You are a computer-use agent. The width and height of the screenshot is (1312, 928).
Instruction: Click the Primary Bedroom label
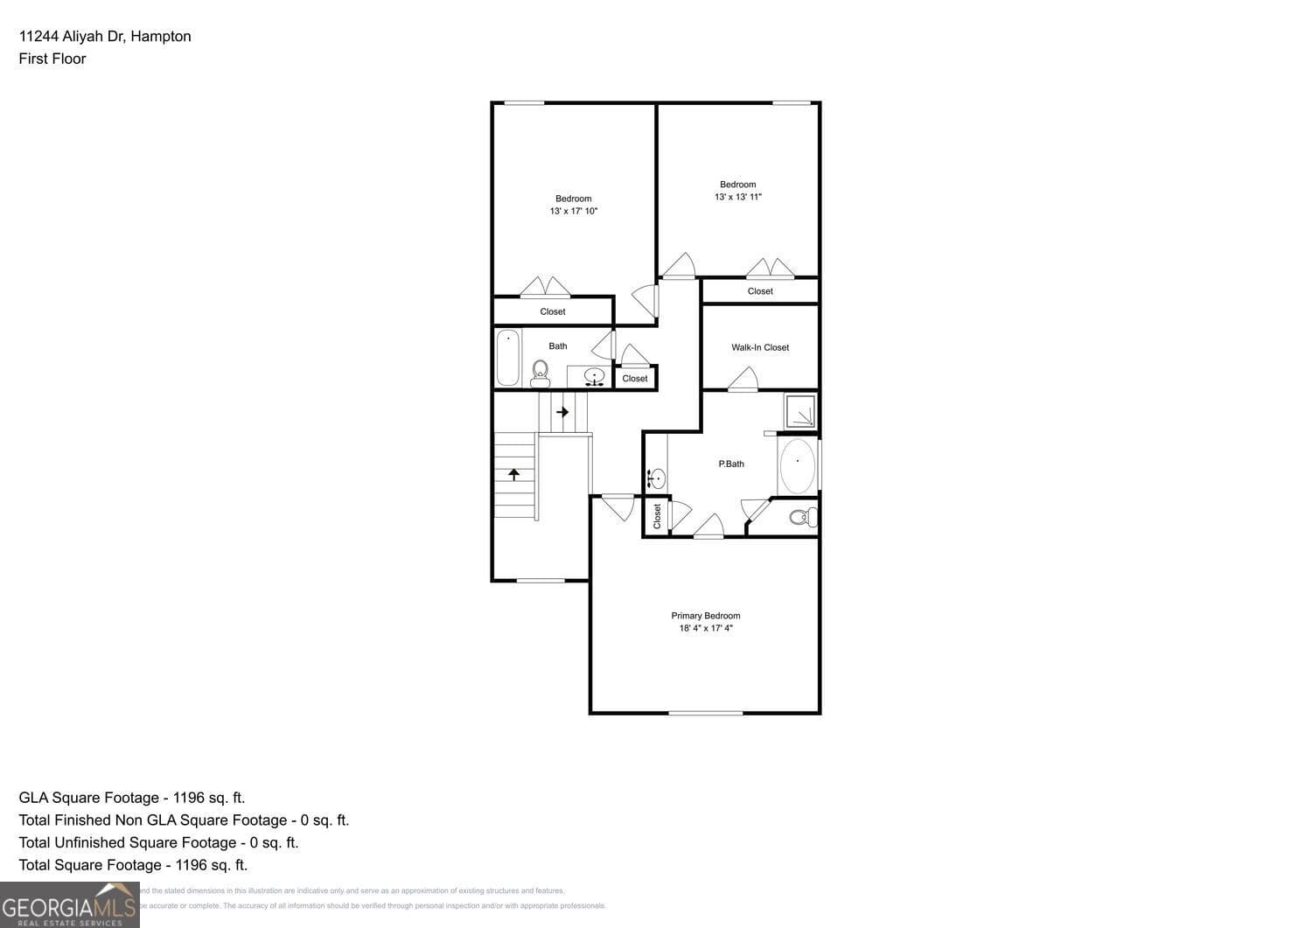pos(705,616)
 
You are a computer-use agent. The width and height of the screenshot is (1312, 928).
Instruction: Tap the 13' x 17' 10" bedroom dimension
pos(573,212)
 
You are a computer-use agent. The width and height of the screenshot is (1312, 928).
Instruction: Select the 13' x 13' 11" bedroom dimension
pos(737,198)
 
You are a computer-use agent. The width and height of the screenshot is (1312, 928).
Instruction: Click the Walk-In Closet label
pos(759,347)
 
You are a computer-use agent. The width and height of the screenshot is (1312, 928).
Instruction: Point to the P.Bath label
pos(730,464)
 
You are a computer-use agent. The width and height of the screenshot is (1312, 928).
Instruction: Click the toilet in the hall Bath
pos(540,374)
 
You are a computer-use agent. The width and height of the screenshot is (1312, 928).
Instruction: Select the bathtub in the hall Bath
pos(508,357)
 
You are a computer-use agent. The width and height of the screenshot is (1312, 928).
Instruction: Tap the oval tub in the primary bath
pos(797,465)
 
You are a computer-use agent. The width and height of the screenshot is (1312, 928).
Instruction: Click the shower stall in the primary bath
pos(799,411)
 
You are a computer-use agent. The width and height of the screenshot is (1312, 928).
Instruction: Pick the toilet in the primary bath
pos(803,517)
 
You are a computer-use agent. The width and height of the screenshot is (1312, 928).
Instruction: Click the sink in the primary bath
pos(657,478)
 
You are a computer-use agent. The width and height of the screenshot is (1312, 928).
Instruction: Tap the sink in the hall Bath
pos(595,377)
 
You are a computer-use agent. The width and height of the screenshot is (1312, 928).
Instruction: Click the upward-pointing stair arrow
pos(514,474)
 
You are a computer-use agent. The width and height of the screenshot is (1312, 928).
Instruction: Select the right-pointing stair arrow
pos(562,412)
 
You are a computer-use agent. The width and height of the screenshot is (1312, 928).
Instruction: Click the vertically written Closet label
pos(658,516)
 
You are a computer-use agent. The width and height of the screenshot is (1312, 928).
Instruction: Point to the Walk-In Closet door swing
pos(743,380)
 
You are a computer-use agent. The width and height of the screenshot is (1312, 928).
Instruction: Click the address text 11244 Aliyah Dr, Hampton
pos(105,36)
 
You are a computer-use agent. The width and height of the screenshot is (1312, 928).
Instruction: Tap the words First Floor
pos(52,59)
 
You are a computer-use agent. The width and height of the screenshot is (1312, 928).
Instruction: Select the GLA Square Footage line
pos(132,798)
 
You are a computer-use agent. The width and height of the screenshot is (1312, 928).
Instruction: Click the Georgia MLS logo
pos(69,905)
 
